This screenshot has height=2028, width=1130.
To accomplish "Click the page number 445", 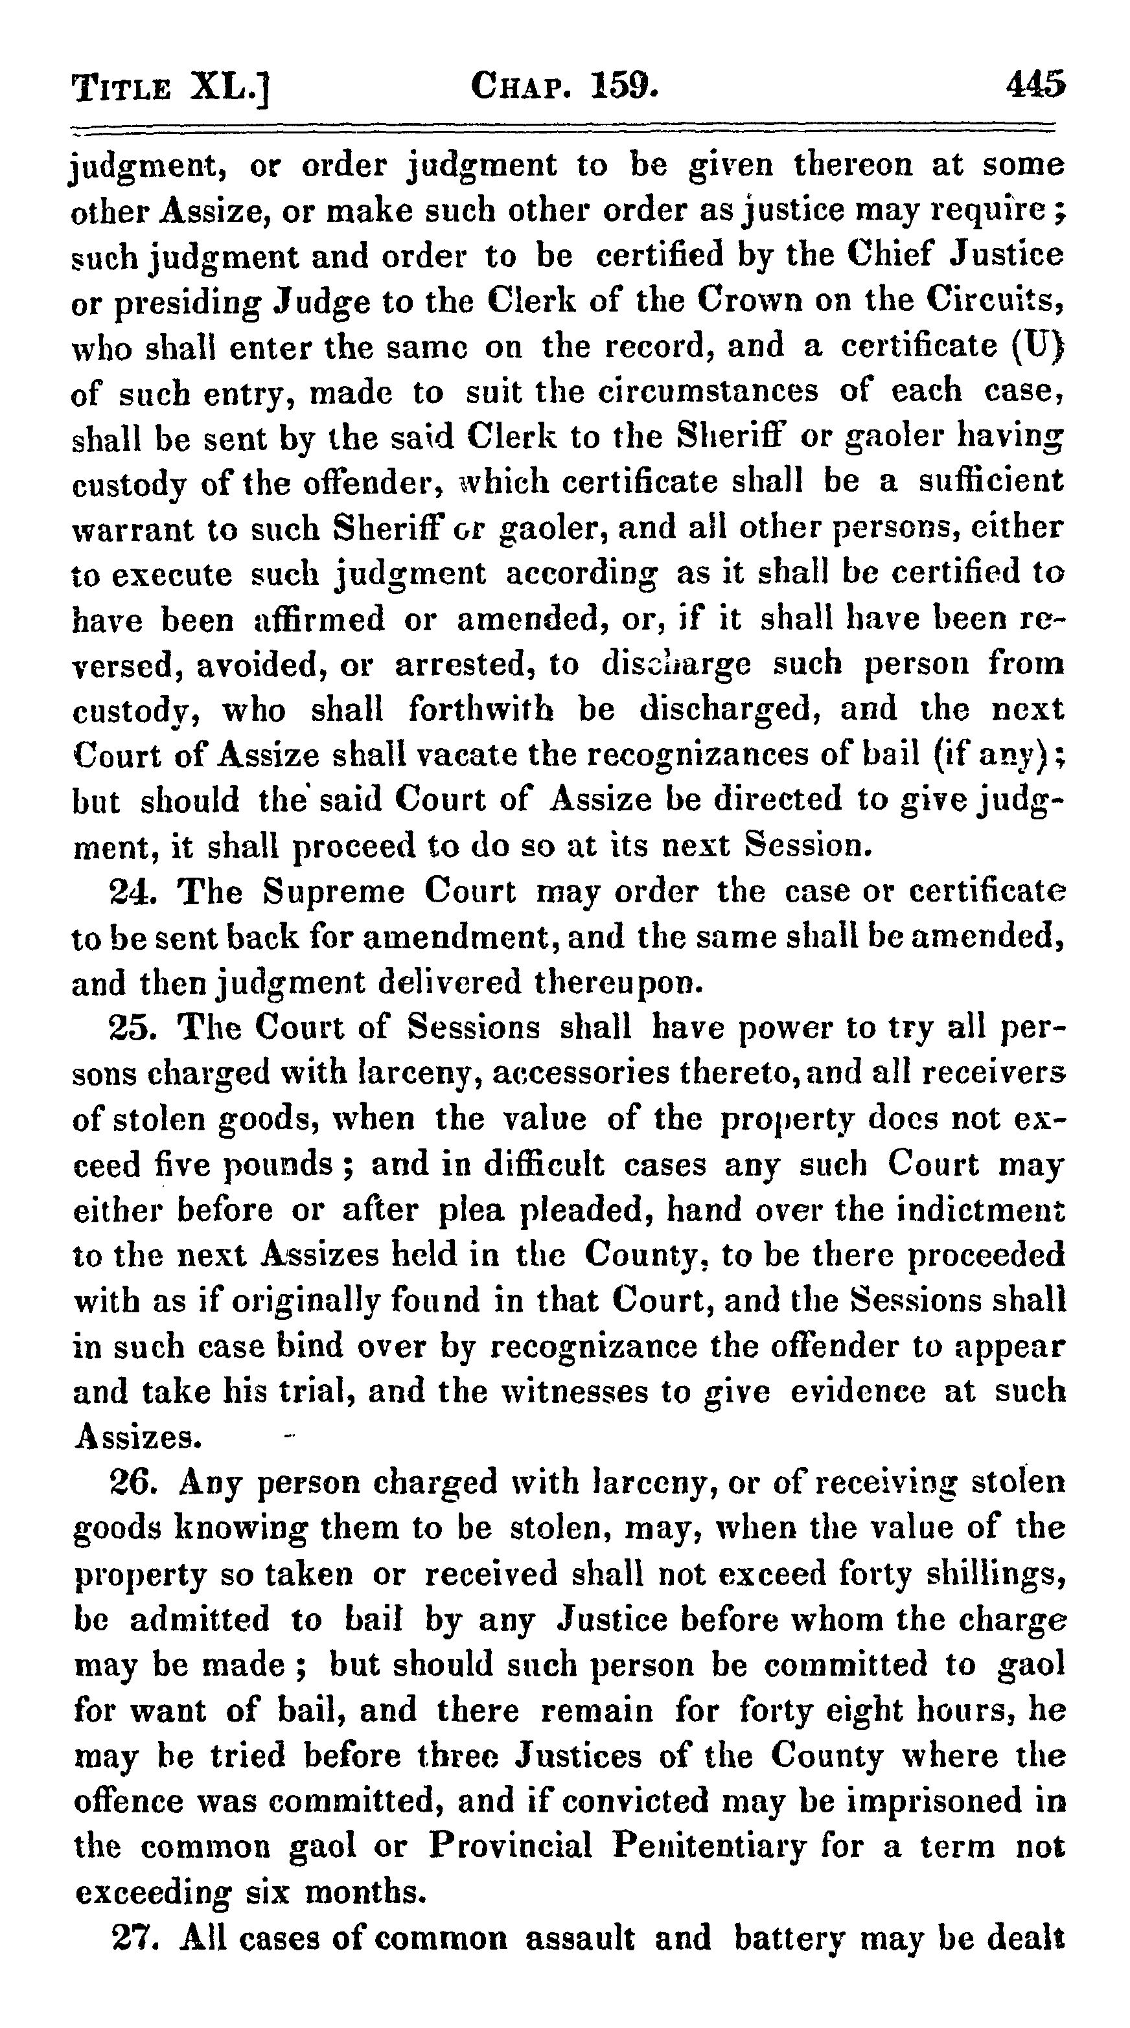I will [x=1034, y=84].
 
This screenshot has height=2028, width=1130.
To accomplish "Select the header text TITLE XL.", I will [x=169, y=87].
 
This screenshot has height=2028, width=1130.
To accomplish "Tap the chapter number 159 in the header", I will [x=622, y=84].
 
